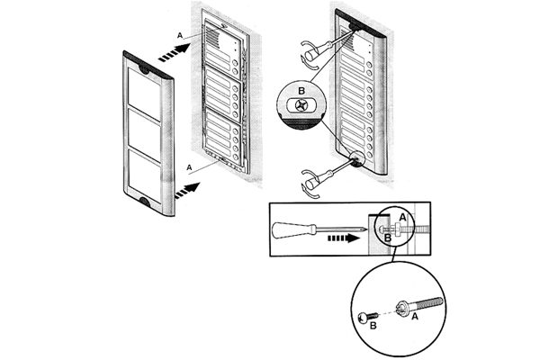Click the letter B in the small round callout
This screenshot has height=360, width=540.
coord(301,91)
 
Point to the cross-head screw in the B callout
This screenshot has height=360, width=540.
coord(300,106)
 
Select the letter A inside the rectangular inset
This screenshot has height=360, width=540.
coord(403,217)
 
